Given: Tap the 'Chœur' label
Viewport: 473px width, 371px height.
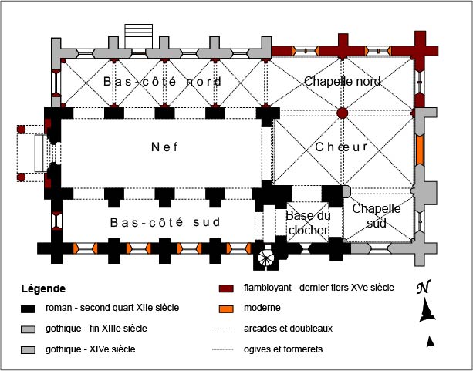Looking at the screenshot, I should tap(342, 147).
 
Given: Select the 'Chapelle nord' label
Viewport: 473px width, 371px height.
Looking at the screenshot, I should tap(342, 81).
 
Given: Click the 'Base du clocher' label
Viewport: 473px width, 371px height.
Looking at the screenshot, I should tap(308, 223).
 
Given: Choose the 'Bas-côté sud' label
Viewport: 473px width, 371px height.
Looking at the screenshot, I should tap(165, 222).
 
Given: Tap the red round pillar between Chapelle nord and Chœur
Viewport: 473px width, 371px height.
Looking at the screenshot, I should tap(343, 113).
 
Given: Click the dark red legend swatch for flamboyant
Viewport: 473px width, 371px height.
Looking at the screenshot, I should tap(226, 288).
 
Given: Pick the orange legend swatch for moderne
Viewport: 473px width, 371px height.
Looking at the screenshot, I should tap(226, 308).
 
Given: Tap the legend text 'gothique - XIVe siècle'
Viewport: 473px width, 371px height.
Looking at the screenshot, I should tap(96, 349).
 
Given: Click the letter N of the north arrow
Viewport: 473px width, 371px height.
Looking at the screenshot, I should tap(422, 288).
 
